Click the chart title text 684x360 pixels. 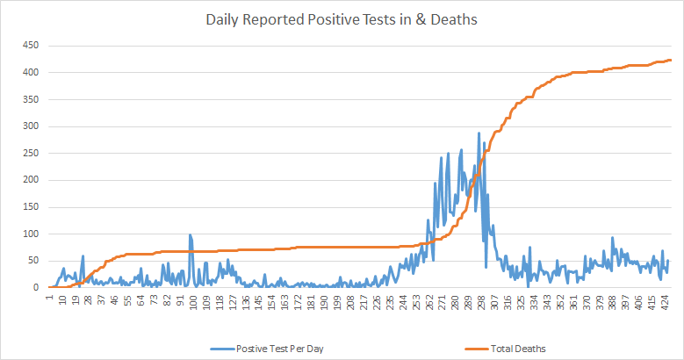point(342,19)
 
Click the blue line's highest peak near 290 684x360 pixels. point(479,133)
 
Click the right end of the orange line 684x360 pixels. point(670,60)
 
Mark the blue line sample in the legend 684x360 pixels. point(222,349)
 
